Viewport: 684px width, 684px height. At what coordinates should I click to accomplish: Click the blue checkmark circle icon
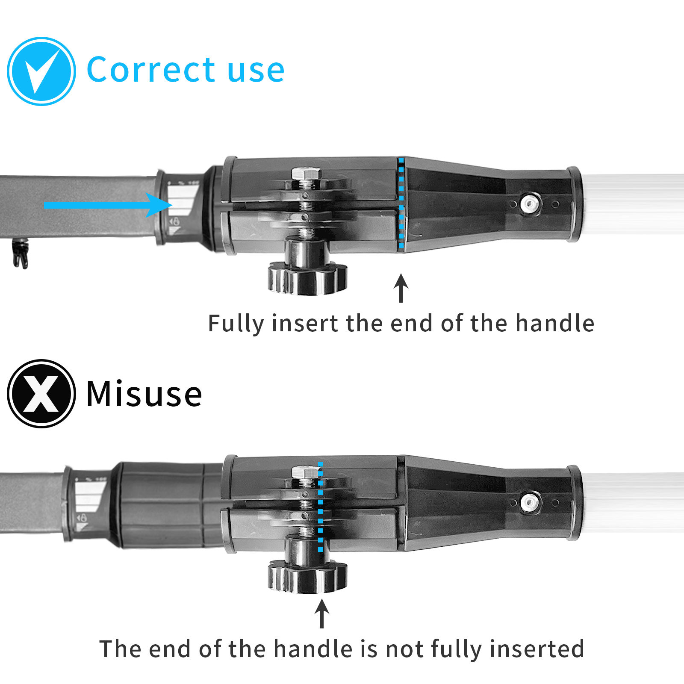tap(41, 71)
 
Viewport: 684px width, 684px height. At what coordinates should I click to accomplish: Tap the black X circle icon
tap(41, 393)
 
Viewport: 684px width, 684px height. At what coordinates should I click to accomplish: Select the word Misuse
tap(144, 394)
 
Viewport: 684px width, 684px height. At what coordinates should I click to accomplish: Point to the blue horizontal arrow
tap(107, 205)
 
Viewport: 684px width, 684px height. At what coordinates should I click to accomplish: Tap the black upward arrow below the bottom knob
tap(322, 613)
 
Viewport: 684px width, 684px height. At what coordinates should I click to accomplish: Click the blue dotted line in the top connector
tap(401, 203)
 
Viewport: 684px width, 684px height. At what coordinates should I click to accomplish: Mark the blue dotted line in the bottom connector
tap(320, 507)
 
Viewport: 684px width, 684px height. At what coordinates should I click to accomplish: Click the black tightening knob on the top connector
tap(307, 278)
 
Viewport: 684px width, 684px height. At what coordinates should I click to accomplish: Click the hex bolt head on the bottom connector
tap(306, 472)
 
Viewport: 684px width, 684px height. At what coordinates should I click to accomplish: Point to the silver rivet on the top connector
tap(530, 203)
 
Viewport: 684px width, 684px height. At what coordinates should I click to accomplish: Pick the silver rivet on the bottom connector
tap(530, 502)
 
